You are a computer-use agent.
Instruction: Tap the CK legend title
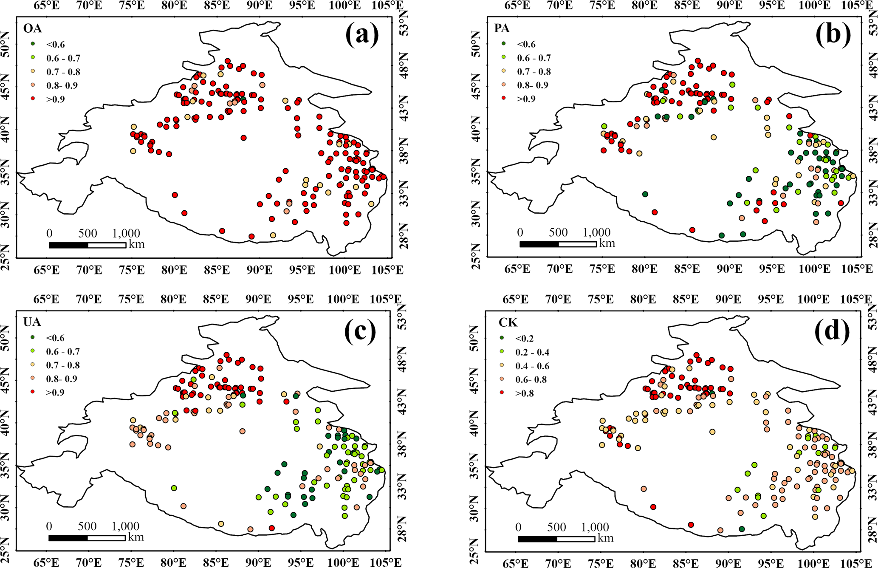point(508,323)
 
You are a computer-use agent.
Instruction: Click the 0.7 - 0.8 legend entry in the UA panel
point(62,365)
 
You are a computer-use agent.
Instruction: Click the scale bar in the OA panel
point(87,245)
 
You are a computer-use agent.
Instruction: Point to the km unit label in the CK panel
point(606,538)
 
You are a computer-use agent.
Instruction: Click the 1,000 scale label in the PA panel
point(596,232)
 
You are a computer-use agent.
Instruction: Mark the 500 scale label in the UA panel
point(87,526)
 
